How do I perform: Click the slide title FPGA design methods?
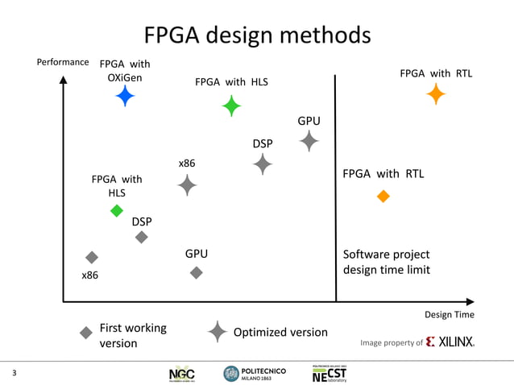[257, 35]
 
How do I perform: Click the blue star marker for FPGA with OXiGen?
[125, 96]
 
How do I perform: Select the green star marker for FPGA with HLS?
[232, 106]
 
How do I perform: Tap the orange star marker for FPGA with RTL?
[436, 94]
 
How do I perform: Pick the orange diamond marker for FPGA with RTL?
[383, 196]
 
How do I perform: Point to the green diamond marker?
[117, 211]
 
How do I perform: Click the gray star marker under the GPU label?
[309, 141]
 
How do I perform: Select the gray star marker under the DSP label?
[263, 164]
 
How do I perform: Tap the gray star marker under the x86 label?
[187, 185]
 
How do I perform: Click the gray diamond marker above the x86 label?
[92, 257]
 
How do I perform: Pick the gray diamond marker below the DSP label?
[142, 237]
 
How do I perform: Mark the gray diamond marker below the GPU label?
[196, 273]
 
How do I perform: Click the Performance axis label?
[63, 62]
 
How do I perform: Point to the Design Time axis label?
[449, 314]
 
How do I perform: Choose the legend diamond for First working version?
[85, 332]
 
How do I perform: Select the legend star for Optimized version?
[218, 332]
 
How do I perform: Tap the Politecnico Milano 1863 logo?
[255, 373]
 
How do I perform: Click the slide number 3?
[15, 373]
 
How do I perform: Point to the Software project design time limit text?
[386, 262]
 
